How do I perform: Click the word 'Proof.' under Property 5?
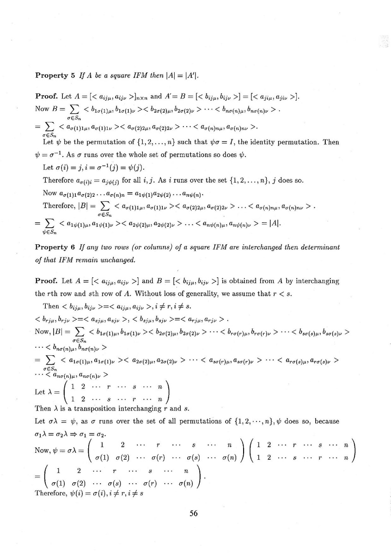47,97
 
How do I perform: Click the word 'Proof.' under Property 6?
47,281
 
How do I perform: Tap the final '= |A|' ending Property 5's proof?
270,224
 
